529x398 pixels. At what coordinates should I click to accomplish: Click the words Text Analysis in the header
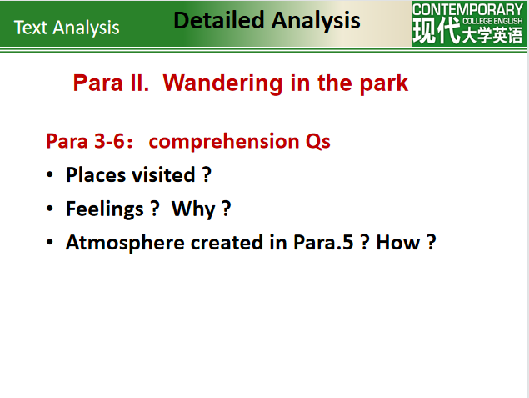67,28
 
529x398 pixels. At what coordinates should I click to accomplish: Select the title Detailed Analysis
267,20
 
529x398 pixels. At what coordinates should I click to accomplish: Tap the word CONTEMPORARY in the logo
467,9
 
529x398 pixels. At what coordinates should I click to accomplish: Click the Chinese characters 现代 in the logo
437,30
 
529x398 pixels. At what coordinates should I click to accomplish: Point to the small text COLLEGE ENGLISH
492,21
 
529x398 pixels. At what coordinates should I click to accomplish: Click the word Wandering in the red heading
222,83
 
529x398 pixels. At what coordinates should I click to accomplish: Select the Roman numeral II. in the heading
139,83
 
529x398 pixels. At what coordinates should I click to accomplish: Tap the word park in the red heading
384,83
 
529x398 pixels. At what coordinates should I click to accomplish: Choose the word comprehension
224,142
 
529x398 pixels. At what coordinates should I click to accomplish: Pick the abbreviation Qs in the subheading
317,141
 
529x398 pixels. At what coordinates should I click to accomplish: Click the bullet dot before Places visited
50,174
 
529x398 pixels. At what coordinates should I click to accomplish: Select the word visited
163,174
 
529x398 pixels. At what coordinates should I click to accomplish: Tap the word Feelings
105,209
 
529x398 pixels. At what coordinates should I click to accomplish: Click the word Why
193,209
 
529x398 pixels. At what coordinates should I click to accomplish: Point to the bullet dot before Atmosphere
50,242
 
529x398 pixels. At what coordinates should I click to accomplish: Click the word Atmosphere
125,243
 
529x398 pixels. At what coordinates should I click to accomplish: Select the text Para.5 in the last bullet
323,242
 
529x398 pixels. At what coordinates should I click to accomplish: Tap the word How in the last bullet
398,242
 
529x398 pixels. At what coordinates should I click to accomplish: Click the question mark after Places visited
207,174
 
